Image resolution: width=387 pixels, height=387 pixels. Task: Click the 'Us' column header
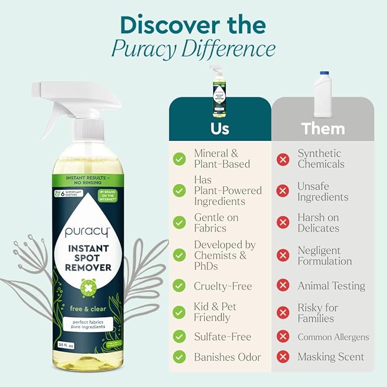pyautogui.click(x=219, y=128)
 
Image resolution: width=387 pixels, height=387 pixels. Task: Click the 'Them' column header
pyautogui.click(x=323, y=128)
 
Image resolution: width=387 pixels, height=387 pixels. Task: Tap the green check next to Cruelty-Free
pyautogui.click(x=180, y=286)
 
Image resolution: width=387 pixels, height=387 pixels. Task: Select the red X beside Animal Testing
pyautogui.click(x=283, y=286)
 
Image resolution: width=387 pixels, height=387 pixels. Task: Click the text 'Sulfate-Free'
pyautogui.click(x=223, y=337)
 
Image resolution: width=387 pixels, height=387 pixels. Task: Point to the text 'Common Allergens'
pyautogui.click(x=333, y=337)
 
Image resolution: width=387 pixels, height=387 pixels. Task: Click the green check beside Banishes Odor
pyautogui.click(x=180, y=357)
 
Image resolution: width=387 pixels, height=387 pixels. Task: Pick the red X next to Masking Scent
pyautogui.click(x=283, y=357)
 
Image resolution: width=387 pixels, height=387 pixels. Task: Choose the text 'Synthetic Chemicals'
pyautogui.click(x=320, y=158)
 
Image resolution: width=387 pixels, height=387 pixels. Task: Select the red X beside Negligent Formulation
pyautogui.click(x=283, y=256)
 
